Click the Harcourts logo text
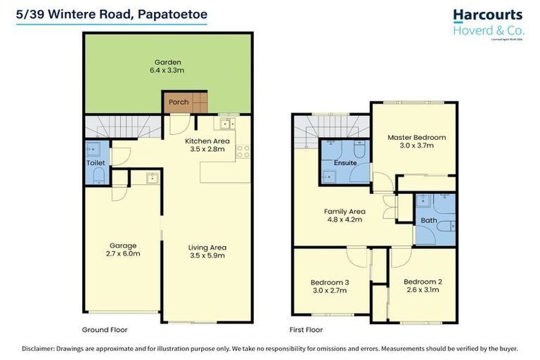click(487, 15)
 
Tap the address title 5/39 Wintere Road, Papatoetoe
click(112, 13)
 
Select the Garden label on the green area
click(167, 63)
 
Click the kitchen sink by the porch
click(226, 124)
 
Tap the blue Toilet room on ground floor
click(96, 162)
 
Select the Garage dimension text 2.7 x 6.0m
click(123, 253)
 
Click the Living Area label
click(207, 247)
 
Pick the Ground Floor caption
click(105, 329)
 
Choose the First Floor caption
click(306, 329)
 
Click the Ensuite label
click(345, 162)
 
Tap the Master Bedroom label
click(416, 138)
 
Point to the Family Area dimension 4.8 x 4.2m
click(344, 219)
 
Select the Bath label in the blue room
click(428, 220)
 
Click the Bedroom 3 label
click(330, 283)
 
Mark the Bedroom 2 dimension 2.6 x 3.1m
click(423, 290)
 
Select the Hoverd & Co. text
click(487, 30)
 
